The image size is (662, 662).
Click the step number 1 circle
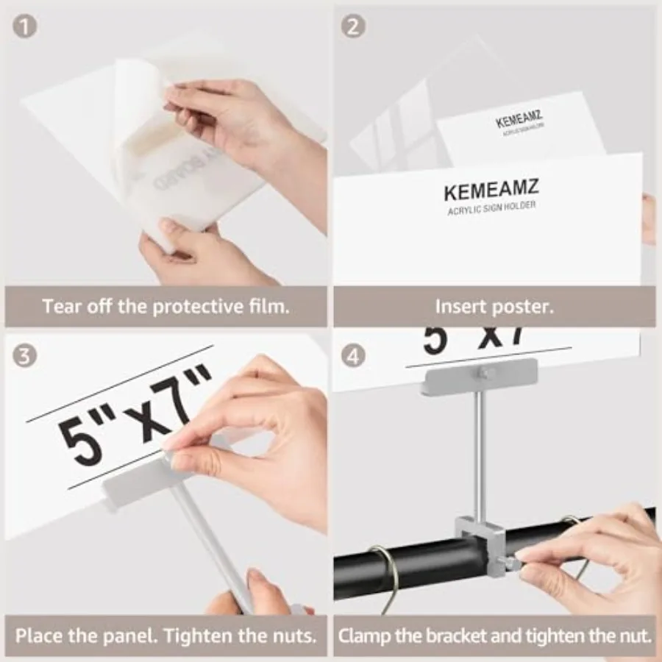click(x=25, y=27)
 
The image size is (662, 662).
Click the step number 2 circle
click(x=355, y=27)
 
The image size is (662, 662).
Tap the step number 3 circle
click(x=25, y=357)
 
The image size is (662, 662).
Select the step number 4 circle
click(x=355, y=357)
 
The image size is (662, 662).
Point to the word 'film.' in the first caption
click(x=268, y=306)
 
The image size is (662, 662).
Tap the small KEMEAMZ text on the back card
click(x=519, y=118)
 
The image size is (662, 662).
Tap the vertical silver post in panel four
click(x=479, y=456)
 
